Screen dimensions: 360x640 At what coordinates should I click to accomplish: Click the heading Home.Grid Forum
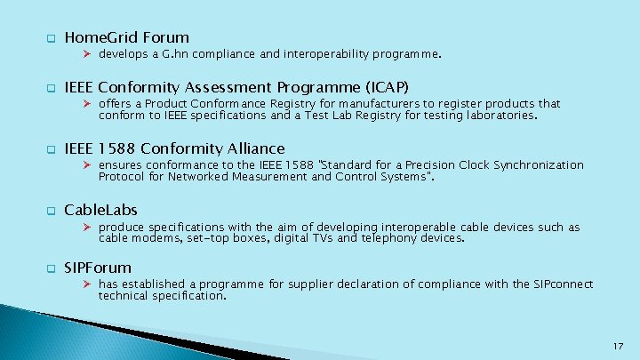[126, 37]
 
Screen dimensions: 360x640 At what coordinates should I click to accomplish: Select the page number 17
[618, 345]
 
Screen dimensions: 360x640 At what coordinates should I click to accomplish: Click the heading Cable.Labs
[100, 210]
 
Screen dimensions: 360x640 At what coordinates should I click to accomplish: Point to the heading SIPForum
[98, 268]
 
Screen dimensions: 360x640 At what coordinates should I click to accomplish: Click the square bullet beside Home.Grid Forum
[51, 38]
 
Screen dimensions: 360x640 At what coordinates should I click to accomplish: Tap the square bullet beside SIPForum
[51, 268]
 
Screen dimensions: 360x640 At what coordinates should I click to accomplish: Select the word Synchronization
[537, 165]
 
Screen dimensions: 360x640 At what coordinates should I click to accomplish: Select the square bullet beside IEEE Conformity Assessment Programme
[51, 88]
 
